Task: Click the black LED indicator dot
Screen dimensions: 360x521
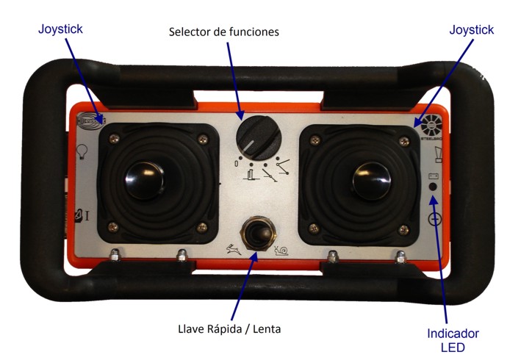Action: click(433, 187)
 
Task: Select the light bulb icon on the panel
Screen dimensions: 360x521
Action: click(82, 154)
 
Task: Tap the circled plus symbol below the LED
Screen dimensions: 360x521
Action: click(434, 217)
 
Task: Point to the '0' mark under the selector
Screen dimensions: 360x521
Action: click(235, 163)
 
